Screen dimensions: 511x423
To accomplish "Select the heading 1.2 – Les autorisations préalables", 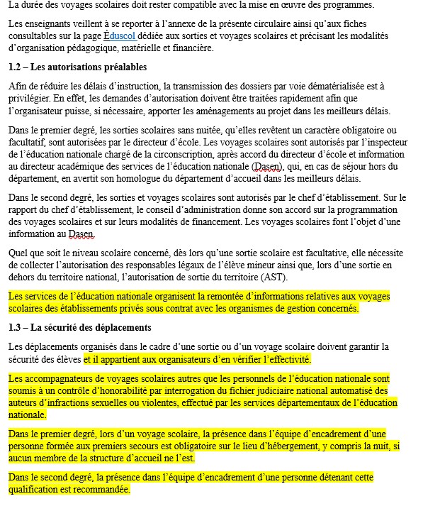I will click(x=78, y=67).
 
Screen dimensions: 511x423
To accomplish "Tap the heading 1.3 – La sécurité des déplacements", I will click(x=80, y=328).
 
